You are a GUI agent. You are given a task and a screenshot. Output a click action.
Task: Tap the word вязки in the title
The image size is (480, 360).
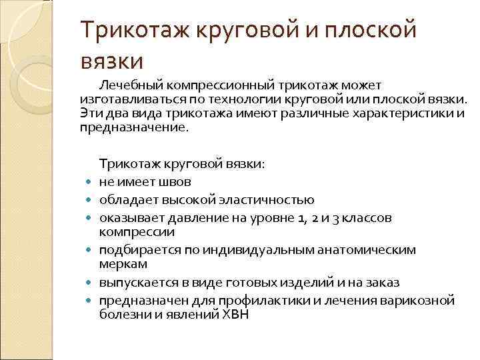(x=112, y=61)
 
